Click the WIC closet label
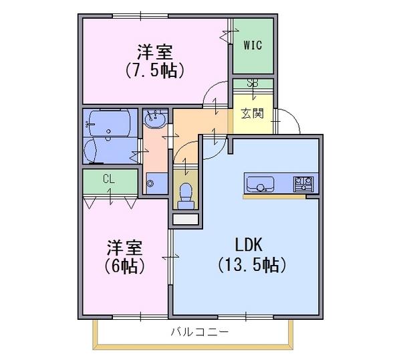pyautogui.click(x=253, y=46)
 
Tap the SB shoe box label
pyautogui.click(x=253, y=84)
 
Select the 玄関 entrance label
pyautogui.click(x=253, y=113)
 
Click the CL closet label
pyautogui.click(x=109, y=179)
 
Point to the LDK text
pyautogui.click(x=249, y=245)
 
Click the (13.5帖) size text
pyautogui.click(x=252, y=265)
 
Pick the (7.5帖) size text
pyautogui.click(x=155, y=70)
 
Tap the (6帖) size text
pyautogui.click(x=124, y=266)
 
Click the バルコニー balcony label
pyautogui.click(x=199, y=332)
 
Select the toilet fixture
pyautogui.click(x=186, y=196)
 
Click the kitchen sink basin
pyautogui.click(x=260, y=184)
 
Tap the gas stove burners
pyautogui.click(x=303, y=184)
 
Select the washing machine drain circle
pyautogui.click(x=150, y=183)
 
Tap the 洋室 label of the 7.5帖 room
pyautogui.click(x=155, y=52)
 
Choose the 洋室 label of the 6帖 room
pyautogui.click(x=124, y=248)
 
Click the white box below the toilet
pyautogui.click(x=186, y=219)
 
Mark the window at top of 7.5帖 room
pyautogui.click(x=140, y=16)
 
